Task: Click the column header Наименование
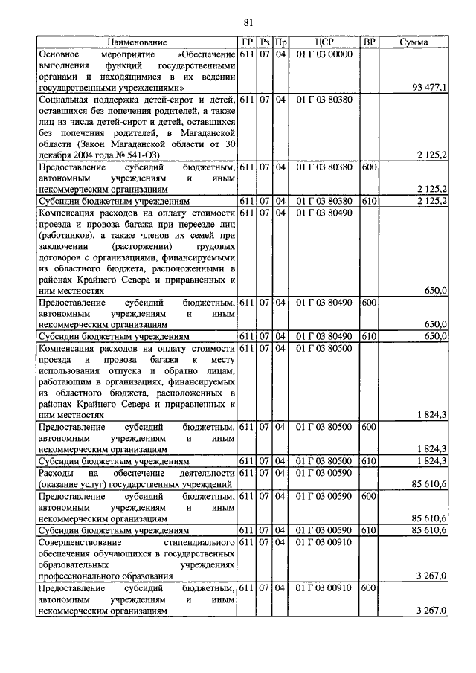click(x=136, y=43)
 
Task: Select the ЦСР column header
click(x=324, y=43)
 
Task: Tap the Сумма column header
click(x=414, y=43)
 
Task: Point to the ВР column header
click(x=368, y=43)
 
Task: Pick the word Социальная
click(x=68, y=100)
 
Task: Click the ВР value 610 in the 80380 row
click(x=368, y=201)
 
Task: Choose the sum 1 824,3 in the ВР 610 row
click(x=429, y=461)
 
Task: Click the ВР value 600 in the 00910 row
click(x=368, y=587)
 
